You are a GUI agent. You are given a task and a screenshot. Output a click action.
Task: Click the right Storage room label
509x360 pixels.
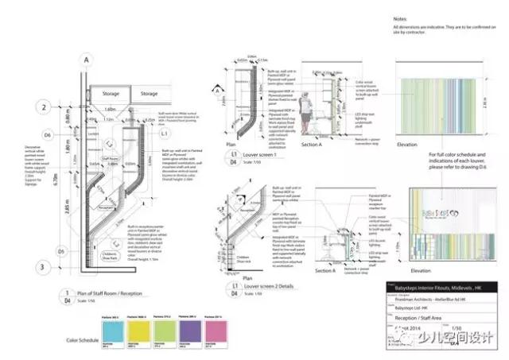click(149, 94)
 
